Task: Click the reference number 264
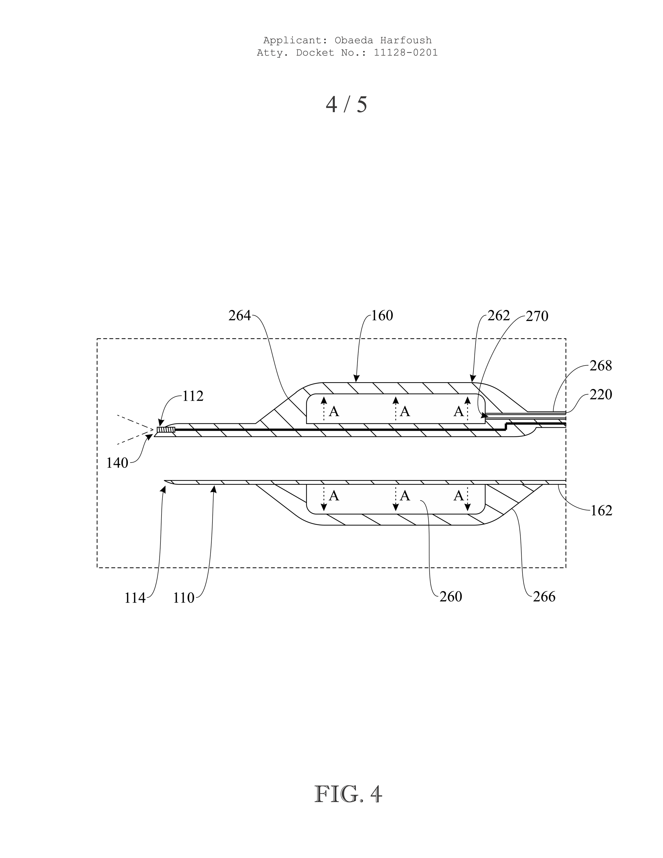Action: click(x=239, y=315)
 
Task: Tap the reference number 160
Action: click(x=382, y=315)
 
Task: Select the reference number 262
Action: click(x=498, y=315)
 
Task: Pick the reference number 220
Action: click(x=601, y=394)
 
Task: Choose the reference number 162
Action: click(x=601, y=510)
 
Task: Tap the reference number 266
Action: click(x=544, y=597)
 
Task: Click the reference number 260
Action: click(x=451, y=597)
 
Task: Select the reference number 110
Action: click(x=184, y=598)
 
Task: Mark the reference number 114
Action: click(x=135, y=598)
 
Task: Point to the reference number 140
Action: click(x=117, y=463)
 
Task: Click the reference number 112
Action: click(x=193, y=397)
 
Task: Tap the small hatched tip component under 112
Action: click(x=165, y=430)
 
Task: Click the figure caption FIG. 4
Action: click(x=348, y=794)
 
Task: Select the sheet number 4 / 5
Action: click(x=346, y=104)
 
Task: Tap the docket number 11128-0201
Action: click(x=405, y=53)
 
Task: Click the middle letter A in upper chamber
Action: click(x=404, y=411)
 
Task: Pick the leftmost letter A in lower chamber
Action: click(x=333, y=496)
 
